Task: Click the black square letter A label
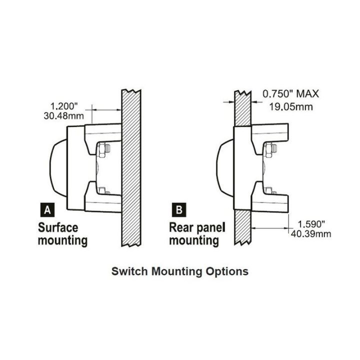coord(47,210)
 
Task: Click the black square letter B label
coord(179,210)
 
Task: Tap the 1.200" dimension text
coord(64,106)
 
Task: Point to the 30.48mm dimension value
coord(63,116)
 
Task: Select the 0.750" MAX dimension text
coord(290,94)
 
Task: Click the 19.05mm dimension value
coord(291,107)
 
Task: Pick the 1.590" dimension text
coord(311,224)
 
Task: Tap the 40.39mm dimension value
coord(311,234)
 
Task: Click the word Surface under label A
coord(58,228)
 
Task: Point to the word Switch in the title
coord(129,271)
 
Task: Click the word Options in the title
coord(227,271)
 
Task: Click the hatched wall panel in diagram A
coord(131,168)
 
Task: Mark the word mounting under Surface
coord(62,241)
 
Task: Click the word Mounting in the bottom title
coord(176,271)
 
